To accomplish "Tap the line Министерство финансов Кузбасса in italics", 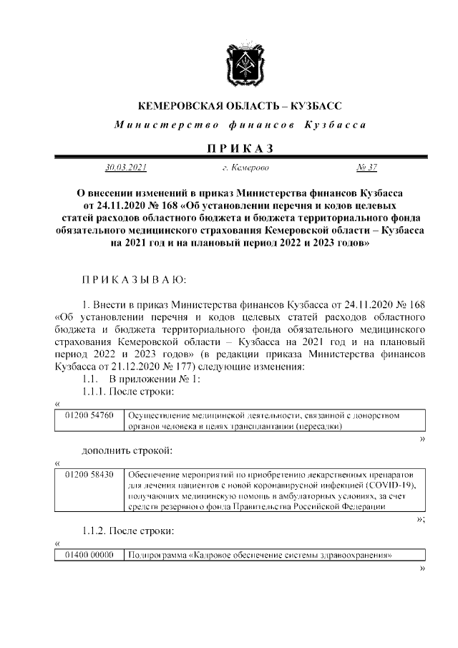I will click(240, 125).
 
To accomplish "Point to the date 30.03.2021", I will click(126, 168).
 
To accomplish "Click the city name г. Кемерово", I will click(245, 168).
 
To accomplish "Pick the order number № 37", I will click(366, 168).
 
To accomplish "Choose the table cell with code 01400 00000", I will click(89, 554).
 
